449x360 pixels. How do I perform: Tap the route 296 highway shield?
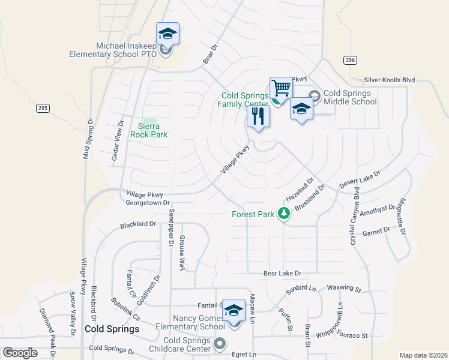tap(351, 60)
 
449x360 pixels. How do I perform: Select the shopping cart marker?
tap(281, 89)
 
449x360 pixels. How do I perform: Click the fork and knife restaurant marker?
tap(258, 116)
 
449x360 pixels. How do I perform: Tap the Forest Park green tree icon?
tap(283, 213)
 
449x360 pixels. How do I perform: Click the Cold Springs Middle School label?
tap(351, 97)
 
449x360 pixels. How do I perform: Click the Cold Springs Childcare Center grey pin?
tap(220, 344)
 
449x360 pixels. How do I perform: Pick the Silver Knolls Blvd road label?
tap(390, 80)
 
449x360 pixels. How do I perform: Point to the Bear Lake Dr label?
tap(282, 274)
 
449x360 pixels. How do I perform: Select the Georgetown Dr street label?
tap(148, 203)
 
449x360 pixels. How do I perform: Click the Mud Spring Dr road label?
tap(87, 138)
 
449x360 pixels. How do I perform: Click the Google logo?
tap(20, 353)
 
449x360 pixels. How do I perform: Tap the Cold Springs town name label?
tap(112, 329)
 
